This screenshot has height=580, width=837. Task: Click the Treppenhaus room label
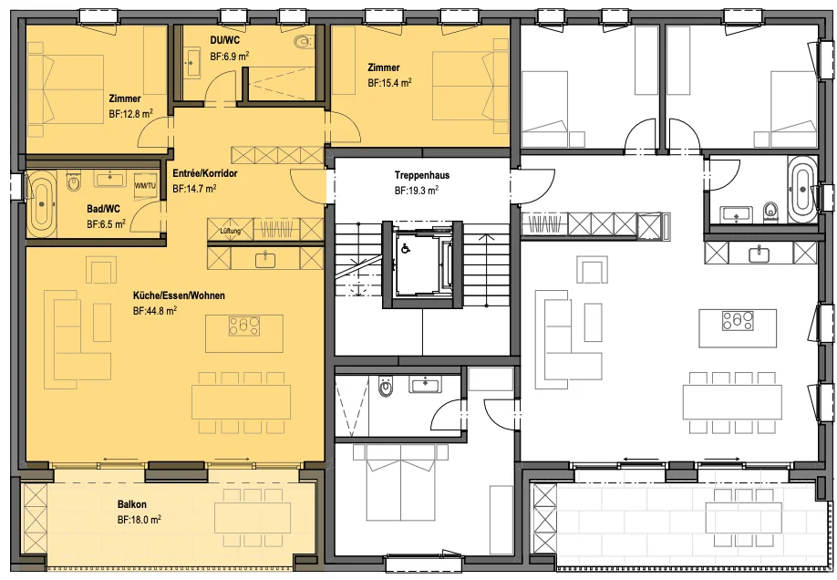tap(422, 175)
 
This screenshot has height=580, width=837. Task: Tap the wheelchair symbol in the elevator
tap(406, 248)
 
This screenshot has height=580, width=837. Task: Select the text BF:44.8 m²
tap(155, 311)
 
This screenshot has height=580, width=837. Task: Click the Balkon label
tap(132, 504)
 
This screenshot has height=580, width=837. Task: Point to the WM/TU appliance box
tap(145, 186)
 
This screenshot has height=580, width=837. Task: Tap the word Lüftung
tap(231, 232)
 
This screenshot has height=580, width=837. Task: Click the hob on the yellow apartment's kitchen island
tap(244, 326)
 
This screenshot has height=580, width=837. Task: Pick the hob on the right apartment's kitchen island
tap(738, 320)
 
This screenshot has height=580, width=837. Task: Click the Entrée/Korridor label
tap(205, 173)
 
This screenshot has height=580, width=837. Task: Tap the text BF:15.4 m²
tap(389, 83)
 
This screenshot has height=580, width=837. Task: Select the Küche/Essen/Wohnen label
tap(179, 295)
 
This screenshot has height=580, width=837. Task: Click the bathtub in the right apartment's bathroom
tap(801, 189)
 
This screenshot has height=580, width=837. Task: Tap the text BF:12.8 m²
tap(131, 114)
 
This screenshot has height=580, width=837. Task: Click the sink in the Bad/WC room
tap(110, 179)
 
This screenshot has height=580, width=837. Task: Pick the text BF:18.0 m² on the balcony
tap(139, 520)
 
